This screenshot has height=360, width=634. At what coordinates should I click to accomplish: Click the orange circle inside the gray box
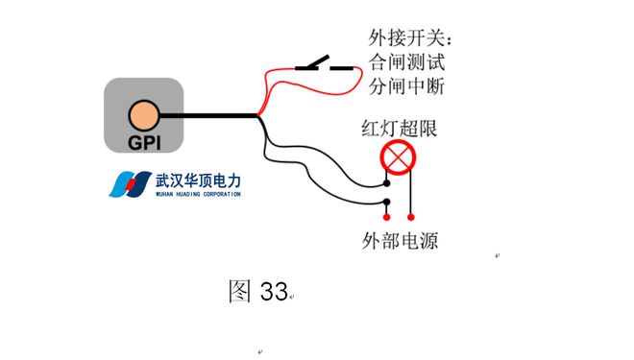click(143, 115)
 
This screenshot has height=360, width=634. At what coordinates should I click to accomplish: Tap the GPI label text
click(143, 143)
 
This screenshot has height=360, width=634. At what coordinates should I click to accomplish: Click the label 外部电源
click(399, 240)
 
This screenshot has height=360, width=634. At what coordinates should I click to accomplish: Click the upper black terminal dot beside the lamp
click(386, 181)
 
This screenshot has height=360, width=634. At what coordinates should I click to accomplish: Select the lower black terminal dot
click(386, 202)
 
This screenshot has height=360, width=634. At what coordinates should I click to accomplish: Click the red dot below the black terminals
click(386, 216)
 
